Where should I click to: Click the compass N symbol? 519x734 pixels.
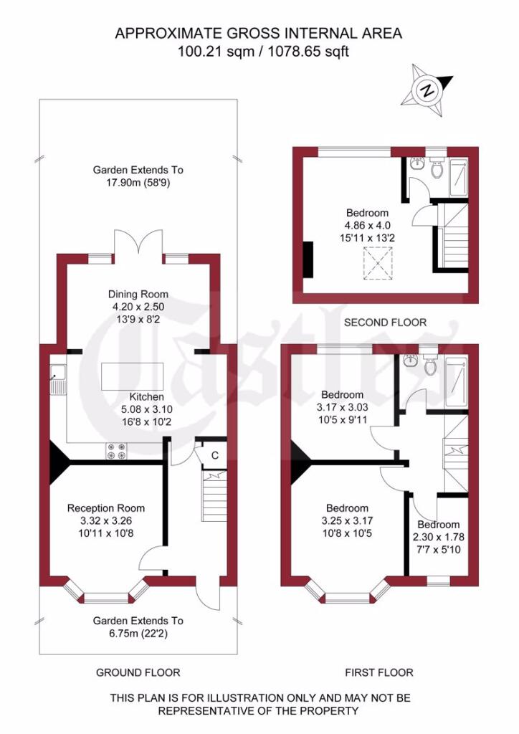[427, 90]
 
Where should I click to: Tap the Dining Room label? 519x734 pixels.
[138, 294]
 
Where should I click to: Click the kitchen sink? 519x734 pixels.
[58, 379]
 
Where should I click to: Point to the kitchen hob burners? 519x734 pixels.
[117, 451]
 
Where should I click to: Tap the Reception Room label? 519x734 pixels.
[106, 508]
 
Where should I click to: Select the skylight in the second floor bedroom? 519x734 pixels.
[377, 264]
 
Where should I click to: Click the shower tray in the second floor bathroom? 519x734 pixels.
[459, 178]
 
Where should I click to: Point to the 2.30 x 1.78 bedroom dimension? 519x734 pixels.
[438, 537]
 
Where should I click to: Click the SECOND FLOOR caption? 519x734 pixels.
[385, 322]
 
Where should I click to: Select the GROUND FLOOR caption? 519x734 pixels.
[138, 672]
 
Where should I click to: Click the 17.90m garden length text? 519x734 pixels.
[138, 183]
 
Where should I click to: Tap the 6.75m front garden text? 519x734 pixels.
[138, 634]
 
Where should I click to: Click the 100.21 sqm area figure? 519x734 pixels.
[216, 51]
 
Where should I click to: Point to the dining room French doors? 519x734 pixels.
[138, 244]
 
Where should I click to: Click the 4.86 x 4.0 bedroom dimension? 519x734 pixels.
[367, 225]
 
